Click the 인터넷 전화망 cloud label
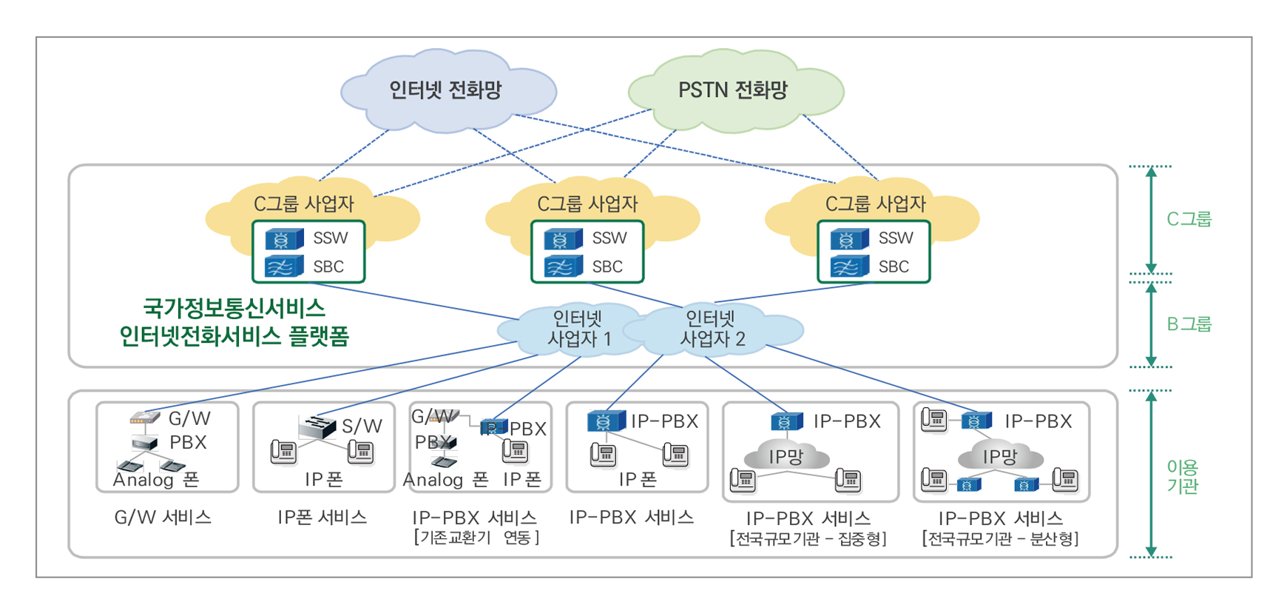tap(445, 90)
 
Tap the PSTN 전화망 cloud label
tap(732, 90)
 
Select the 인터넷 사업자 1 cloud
tap(578, 329)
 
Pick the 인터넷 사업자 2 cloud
tap(712, 329)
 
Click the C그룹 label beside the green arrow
tap(1189, 219)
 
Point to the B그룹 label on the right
tap(1189, 324)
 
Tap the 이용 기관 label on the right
tap(1182, 477)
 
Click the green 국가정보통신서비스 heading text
tap(234, 308)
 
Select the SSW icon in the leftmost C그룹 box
tap(284, 239)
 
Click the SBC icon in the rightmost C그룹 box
tap(849, 267)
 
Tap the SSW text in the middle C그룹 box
tap(609, 238)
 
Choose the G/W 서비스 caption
tap(163, 518)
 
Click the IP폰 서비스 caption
tap(322, 518)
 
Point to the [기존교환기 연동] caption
tap(476, 538)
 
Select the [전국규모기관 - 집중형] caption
tap(808, 538)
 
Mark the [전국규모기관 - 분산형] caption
tap(1000, 538)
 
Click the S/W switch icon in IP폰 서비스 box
tap(318, 426)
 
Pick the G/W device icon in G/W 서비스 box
tap(145, 418)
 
